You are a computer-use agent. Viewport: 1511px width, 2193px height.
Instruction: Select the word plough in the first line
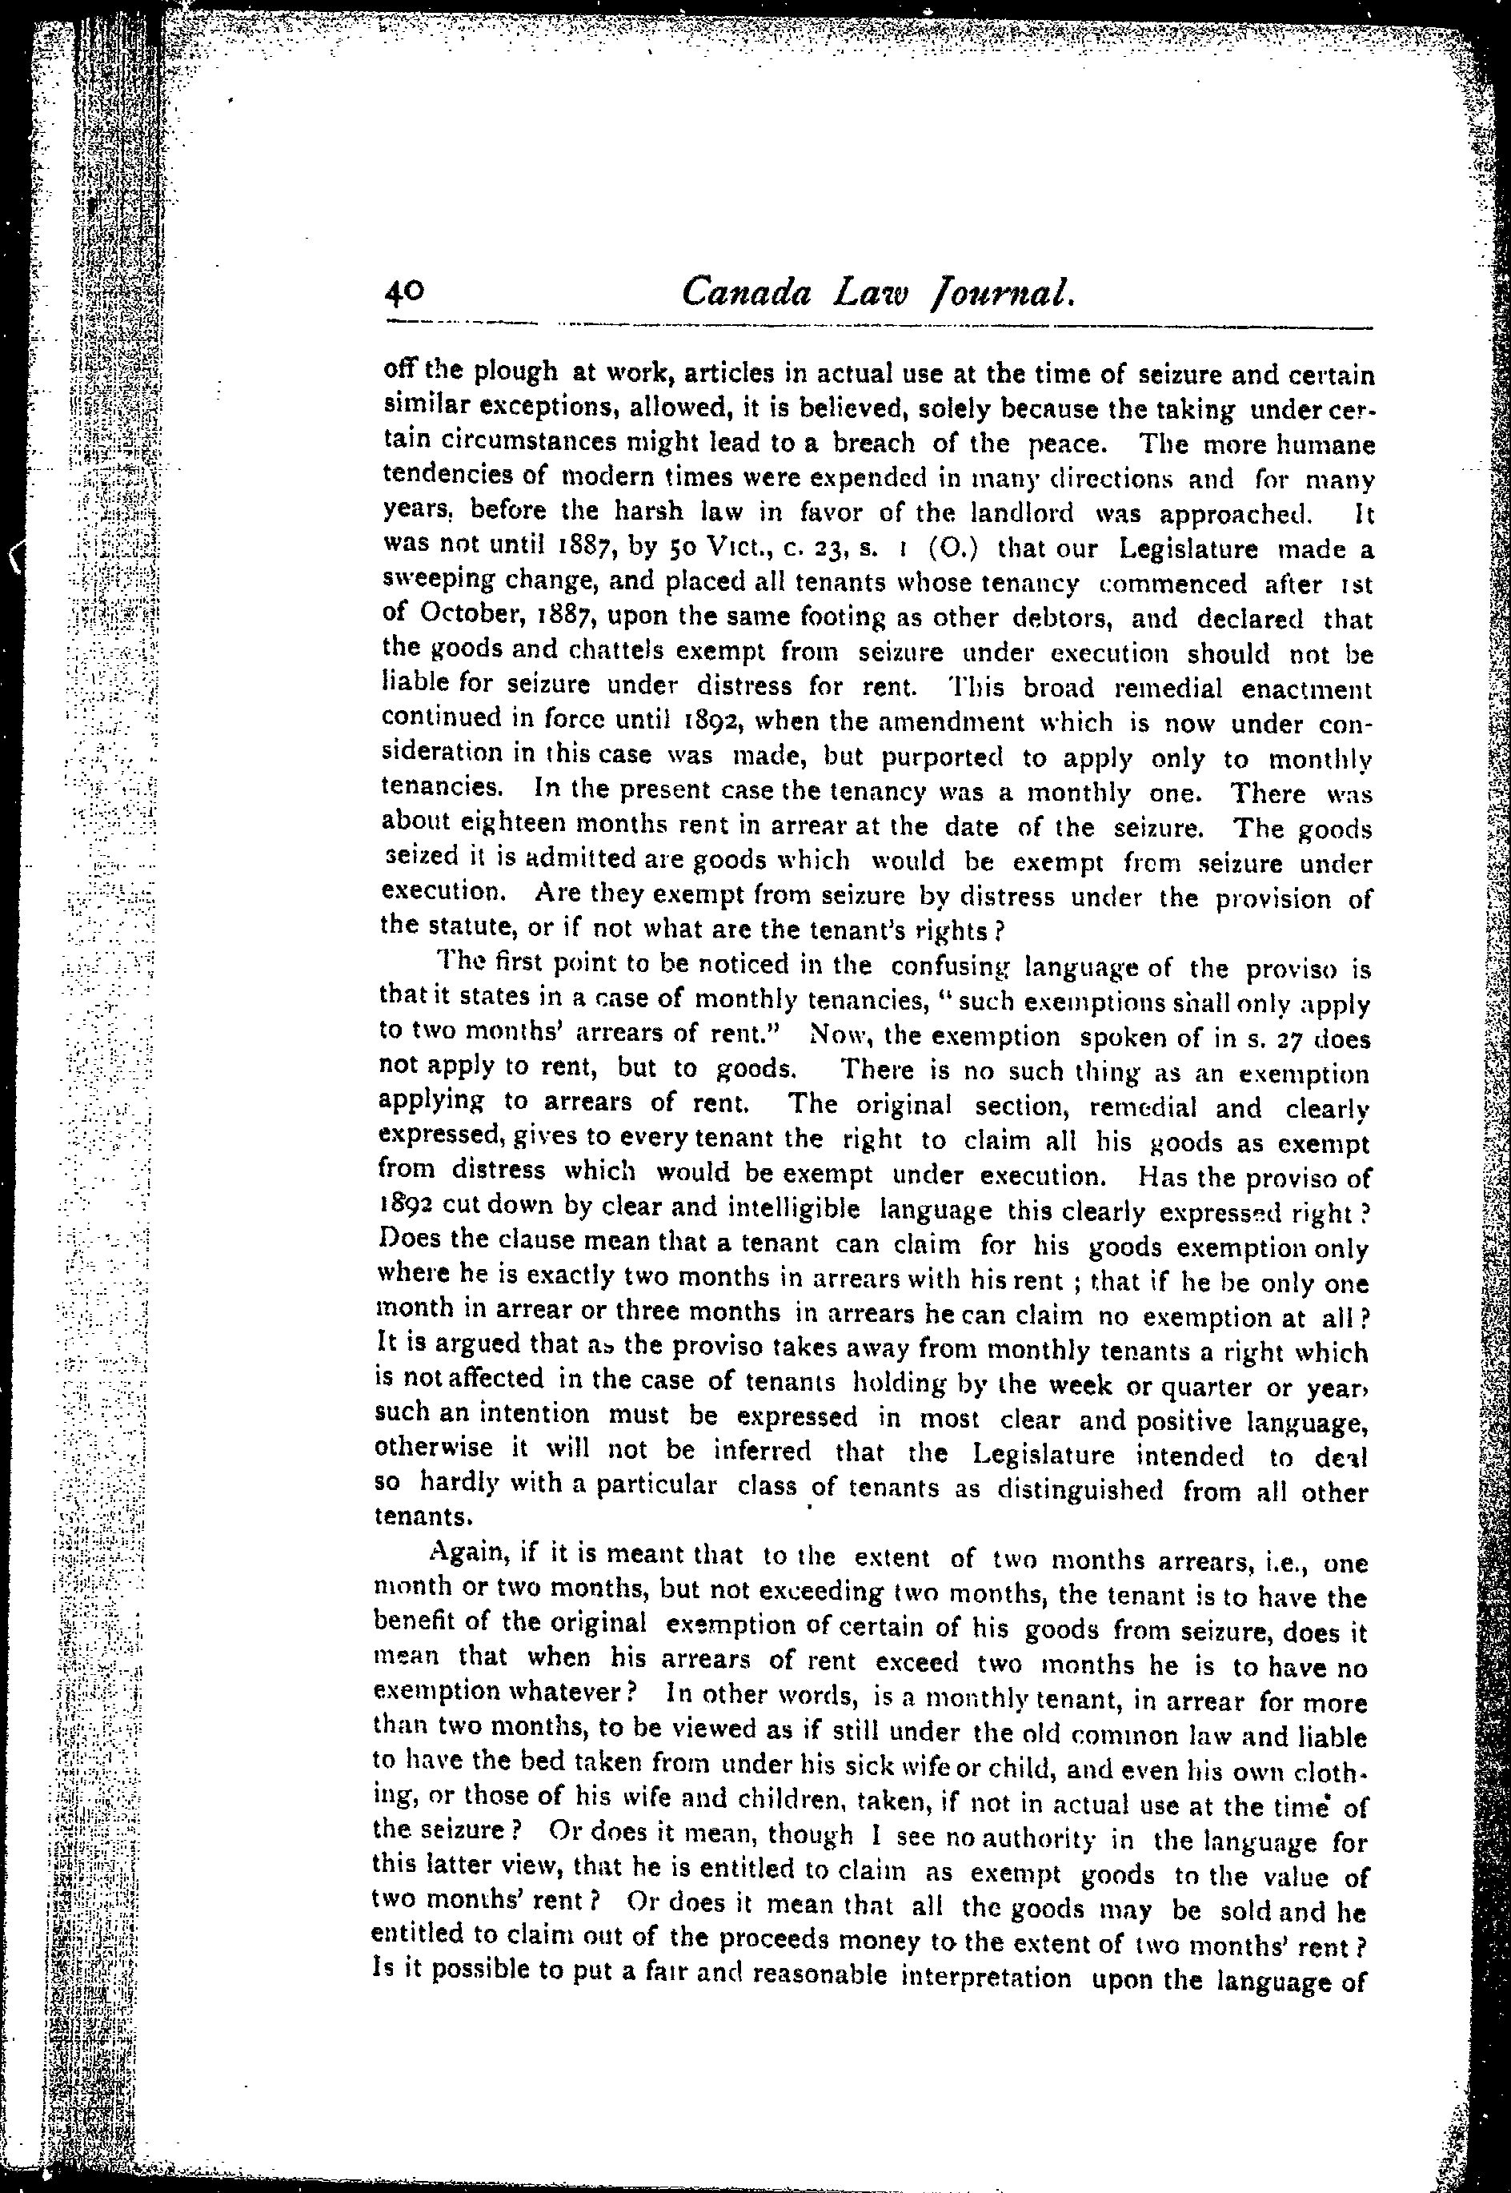coord(516,372)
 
